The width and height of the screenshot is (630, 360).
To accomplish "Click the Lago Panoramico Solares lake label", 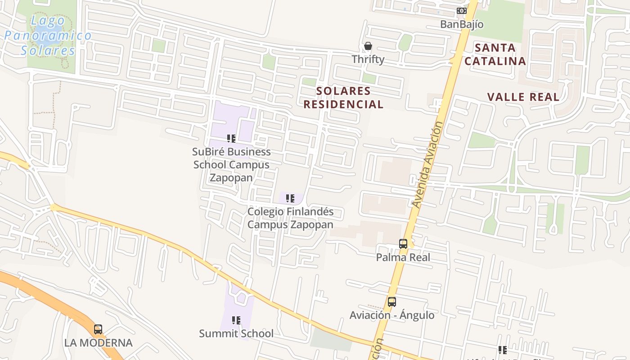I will (x=48, y=36).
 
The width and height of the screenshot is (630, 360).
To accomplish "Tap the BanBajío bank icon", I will (x=462, y=11).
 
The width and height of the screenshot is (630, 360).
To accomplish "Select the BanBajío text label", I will (x=462, y=24).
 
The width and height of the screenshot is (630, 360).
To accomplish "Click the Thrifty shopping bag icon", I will (x=368, y=46).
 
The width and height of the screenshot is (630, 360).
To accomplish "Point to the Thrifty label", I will (x=368, y=59).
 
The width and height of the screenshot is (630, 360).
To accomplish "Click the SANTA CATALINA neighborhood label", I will (x=495, y=54).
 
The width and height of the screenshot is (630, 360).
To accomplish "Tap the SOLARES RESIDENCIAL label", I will (x=343, y=98).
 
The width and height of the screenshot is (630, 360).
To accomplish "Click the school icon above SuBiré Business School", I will (x=231, y=139).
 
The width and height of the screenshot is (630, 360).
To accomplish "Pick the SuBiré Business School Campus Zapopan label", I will (x=232, y=165).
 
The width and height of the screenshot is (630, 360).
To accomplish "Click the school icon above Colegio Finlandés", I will (x=290, y=198).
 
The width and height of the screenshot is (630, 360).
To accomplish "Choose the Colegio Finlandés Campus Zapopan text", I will (x=291, y=218).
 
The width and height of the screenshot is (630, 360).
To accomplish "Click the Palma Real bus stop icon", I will (x=403, y=244).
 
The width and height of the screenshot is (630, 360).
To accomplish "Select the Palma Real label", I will (x=403, y=257).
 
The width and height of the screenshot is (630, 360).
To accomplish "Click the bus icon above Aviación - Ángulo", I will (x=392, y=302).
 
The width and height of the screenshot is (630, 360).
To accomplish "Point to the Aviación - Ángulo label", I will (x=392, y=315).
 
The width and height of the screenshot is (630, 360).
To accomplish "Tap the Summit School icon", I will (x=236, y=320).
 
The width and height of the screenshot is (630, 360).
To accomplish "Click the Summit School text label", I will (x=236, y=333).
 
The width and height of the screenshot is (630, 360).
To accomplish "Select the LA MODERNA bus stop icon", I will (x=98, y=329).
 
